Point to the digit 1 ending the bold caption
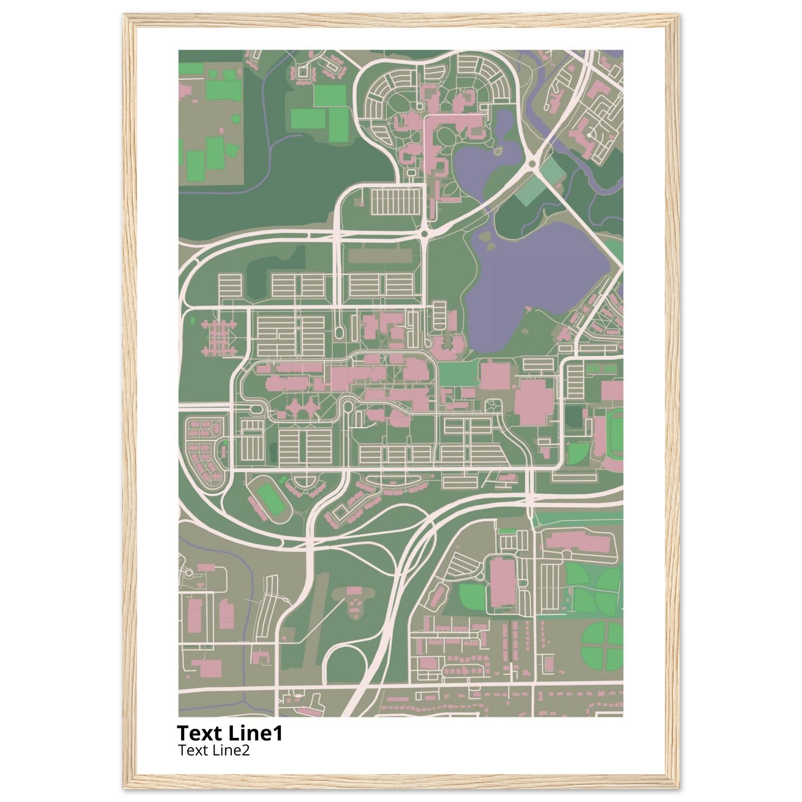point(278,733)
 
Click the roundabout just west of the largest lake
point(424,235)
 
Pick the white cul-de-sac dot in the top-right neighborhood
point(589,135)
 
